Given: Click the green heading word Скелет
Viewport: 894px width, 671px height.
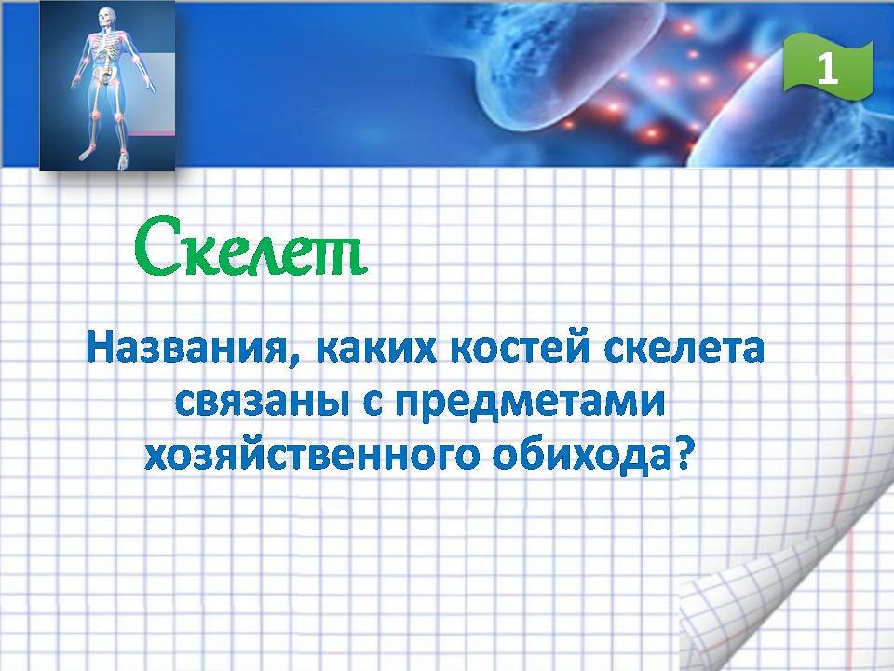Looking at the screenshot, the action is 251,246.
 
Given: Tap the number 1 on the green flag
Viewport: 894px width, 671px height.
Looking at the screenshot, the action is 828,69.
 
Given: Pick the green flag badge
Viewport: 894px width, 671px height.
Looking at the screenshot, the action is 828,67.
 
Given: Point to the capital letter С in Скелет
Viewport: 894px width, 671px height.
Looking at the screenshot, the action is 154,246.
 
